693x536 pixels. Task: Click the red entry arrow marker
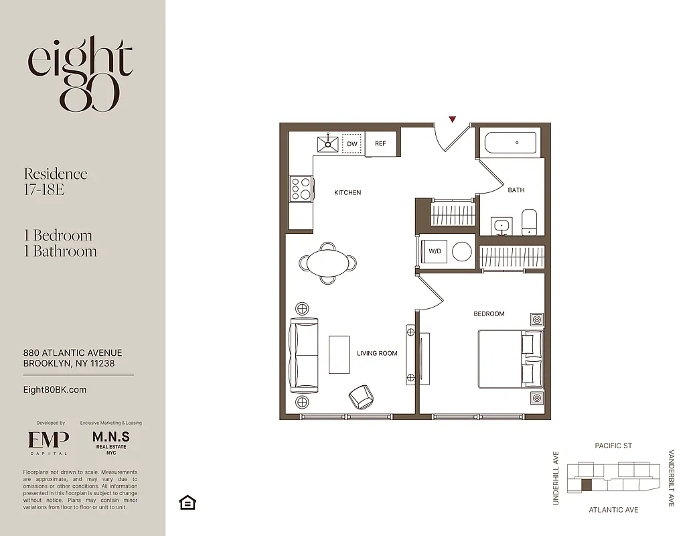tap(453, 119)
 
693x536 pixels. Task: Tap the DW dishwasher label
tap(352, 143)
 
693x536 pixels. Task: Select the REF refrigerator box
tap(380, 143)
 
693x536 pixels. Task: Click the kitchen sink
tap(328, 143)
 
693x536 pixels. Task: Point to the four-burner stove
tap(300, 188)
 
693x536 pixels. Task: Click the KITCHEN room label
tap(348, 193)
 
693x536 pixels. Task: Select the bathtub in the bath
tap(510, 143)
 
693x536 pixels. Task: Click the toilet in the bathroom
tap(529, 222)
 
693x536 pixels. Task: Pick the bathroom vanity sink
tap(501, 226)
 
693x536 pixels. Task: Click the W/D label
tap(435, 252)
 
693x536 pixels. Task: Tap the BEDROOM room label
tap(489, 314)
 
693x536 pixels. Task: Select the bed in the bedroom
tap(509, 359)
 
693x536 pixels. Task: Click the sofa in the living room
tap(303, 355)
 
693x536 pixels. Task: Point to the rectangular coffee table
tap(339, 354)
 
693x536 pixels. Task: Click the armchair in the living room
tap(362, 397)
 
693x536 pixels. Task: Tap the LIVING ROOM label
tap(377, 354)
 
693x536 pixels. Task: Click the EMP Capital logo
tap(48, 442)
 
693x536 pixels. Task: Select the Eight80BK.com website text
tap(55, 390)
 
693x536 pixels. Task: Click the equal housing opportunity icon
tap(187, 503)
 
